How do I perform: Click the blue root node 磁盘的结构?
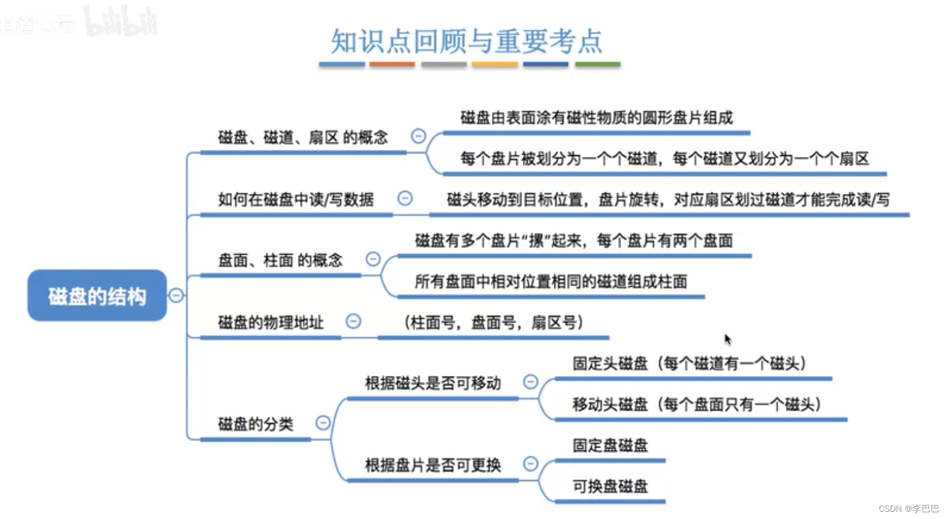(x=97, y=296)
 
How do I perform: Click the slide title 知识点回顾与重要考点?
(x=466, y=41)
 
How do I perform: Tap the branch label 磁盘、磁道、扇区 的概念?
(x=303, y=138)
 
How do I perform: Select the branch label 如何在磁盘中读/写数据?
(x=296, y=199)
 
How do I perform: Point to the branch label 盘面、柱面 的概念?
(x=280, y=261)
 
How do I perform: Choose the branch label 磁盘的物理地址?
(x=271, y=323)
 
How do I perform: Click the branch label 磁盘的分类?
(x=255, y=424)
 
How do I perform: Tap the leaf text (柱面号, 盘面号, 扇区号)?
(x=493, y=323)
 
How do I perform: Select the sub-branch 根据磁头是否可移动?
(x=432, y=383)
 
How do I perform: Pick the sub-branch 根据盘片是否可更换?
(x=432, y=465)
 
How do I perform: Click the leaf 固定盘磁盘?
(x=610, y=446)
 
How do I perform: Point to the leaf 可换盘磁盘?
(x=610, y=486)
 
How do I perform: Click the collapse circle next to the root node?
(x=176, y=295)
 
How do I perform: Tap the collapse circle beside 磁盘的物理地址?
(x=353, y=321)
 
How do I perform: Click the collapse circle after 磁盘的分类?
(x=323, y=423)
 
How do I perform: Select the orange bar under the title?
(x=392, y=64)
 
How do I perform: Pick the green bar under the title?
(x=597, y=64)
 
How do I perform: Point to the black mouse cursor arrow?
(x=727, y=339)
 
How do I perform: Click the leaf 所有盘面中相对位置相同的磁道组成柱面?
(x=551, y=282)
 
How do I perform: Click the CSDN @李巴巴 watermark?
(x=908, y=509)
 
